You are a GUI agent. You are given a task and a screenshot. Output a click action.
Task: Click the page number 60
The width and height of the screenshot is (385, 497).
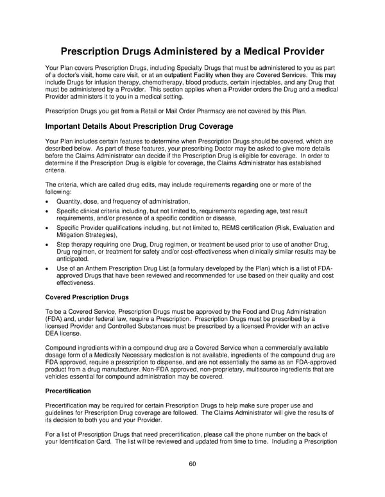point(192,464)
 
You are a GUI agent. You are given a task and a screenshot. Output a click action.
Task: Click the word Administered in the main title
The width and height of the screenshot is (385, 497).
point(187,51)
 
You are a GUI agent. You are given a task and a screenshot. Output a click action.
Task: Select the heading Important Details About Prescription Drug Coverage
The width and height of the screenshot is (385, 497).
point(139,126)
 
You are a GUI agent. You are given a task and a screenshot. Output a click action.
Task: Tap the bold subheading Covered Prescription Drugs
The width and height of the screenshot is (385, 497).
point(87,297)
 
